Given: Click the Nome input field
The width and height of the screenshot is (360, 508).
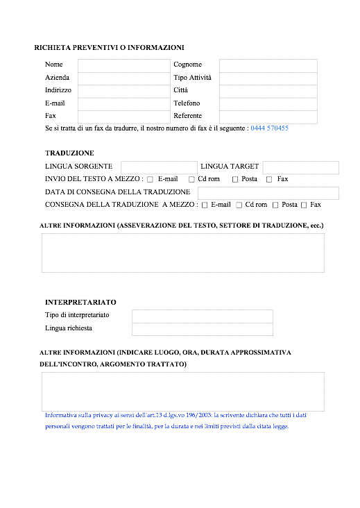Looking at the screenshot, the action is click(124, 66).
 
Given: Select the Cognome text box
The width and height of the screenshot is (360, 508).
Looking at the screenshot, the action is click(268, 66).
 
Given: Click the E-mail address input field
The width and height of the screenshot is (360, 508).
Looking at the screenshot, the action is click(124, 104).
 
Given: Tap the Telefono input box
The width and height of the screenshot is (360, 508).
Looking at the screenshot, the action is click(268, 104).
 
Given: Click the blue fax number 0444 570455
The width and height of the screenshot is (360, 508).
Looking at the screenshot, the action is click(269, 128).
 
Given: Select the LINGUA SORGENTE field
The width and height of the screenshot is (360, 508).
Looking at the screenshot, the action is click(160, 167).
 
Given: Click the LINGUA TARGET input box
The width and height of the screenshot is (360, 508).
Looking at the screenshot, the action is click(301, 167).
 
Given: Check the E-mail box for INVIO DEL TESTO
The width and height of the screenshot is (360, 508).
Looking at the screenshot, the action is click(151, 180).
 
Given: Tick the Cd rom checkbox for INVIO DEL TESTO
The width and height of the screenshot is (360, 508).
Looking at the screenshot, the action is click(191, 180).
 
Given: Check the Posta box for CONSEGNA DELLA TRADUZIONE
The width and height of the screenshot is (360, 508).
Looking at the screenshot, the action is click(275, 205).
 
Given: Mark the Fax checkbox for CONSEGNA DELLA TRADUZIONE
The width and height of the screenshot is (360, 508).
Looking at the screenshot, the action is click(304, 205).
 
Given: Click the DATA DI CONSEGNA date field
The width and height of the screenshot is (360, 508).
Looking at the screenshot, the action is click(268, 193).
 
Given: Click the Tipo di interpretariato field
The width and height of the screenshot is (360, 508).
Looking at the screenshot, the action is click(203, 316).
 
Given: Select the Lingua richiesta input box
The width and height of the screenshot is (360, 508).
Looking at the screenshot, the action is click(203, 329).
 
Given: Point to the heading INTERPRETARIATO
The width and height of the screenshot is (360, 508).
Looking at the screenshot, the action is click(80, 303).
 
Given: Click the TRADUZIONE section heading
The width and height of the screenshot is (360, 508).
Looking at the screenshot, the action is click(69, 153).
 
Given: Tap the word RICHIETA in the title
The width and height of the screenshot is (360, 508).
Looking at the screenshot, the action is click(53, 48).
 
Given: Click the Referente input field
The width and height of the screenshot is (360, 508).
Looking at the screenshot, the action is click(268, 117).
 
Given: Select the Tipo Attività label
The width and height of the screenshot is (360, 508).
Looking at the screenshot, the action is click(192, 78).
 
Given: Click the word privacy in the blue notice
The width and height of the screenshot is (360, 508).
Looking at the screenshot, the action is click(103, 415).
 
